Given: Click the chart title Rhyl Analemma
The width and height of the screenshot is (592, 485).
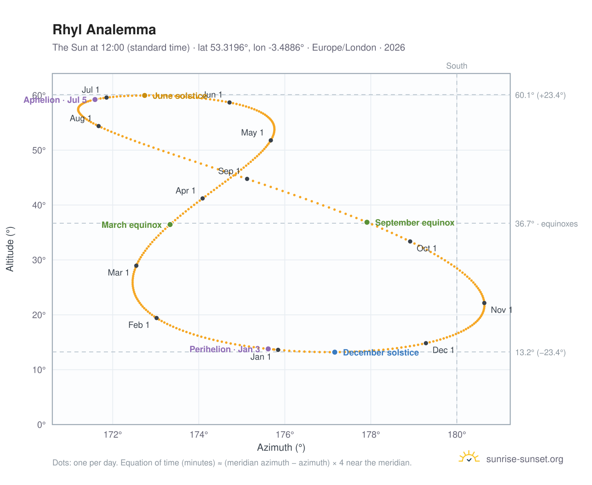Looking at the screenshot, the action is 104,30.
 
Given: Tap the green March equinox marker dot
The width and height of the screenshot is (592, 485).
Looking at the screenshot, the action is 170,224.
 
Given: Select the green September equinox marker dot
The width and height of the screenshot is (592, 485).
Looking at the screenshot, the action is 367,222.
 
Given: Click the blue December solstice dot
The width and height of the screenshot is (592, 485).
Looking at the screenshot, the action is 334,352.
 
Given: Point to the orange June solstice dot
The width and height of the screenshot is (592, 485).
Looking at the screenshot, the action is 144,95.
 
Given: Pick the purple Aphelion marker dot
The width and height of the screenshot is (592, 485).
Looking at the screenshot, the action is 95,99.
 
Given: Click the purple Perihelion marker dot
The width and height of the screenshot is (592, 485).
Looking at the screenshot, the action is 268,349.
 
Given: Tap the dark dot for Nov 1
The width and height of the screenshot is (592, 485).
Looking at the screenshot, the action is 484,303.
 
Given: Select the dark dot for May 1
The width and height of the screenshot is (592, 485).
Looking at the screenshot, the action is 270,140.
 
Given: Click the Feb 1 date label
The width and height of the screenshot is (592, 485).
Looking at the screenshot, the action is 139,325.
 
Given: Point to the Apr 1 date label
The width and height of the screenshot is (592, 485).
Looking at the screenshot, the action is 185,190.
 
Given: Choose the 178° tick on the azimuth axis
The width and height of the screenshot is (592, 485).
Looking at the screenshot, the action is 370,434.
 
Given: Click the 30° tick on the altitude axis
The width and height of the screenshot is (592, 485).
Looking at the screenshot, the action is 39,260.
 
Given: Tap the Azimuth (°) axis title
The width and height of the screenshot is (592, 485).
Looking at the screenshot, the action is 281,447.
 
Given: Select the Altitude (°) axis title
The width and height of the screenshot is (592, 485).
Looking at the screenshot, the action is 10,249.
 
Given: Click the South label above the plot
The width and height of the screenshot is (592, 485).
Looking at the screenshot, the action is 456,66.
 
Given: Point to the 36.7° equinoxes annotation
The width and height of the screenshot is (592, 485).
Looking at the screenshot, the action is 546,224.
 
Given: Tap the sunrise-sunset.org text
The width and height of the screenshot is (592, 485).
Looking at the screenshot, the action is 525,459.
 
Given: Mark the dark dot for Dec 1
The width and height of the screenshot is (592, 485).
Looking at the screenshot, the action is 426,343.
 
